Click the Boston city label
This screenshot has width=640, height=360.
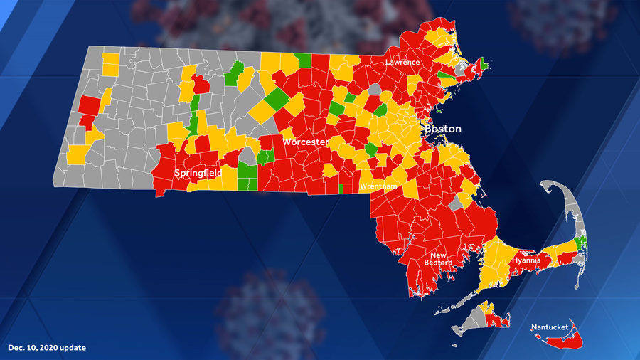pos(442,129)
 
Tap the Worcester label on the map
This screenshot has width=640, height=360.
pos(306,142)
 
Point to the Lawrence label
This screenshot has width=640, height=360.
pos(403,63)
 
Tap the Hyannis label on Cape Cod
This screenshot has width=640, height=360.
pos(526,261)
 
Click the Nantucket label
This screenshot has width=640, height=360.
pos(550,327)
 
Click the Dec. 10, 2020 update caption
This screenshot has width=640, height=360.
pos(47,348)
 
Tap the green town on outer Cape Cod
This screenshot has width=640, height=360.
pos(581,244)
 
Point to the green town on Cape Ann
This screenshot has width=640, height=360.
pos(484,64)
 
